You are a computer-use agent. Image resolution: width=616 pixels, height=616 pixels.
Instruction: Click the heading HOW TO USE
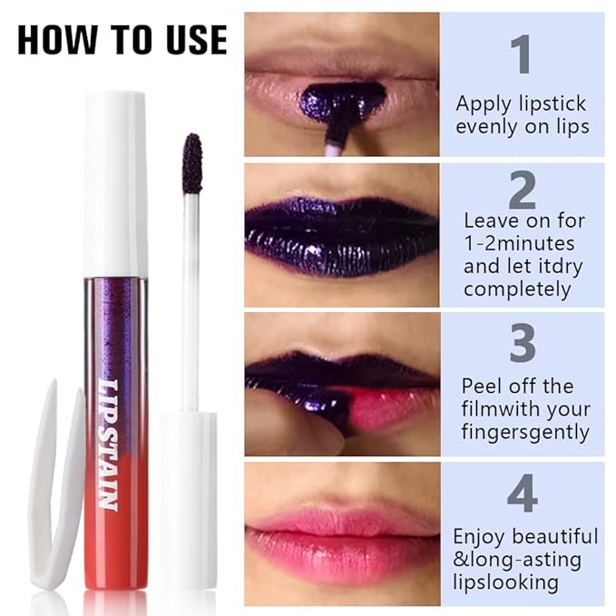click(122, 40)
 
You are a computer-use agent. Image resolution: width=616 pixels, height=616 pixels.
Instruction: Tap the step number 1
click(521, 54)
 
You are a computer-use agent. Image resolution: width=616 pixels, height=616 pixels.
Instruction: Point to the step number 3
click(523, 346)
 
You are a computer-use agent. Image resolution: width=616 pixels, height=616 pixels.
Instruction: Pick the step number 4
click(523, 494)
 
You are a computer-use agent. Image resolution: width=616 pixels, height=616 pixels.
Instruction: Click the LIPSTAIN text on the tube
click(108, 445)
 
